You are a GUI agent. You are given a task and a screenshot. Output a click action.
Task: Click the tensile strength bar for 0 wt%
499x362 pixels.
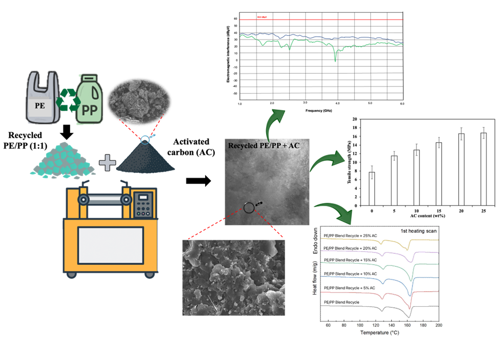[372, 189]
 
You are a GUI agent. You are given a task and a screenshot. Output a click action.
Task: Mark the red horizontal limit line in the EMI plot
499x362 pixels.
[322, 20]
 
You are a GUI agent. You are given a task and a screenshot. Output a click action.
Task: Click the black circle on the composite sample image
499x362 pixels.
[248, 208]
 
